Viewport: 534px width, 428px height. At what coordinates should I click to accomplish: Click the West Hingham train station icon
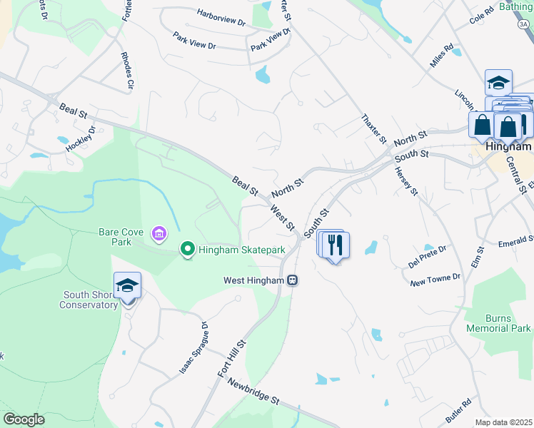point(293,280)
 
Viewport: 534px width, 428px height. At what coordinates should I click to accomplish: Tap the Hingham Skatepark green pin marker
point(188,249)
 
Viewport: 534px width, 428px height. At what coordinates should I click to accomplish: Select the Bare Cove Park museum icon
point(158,233)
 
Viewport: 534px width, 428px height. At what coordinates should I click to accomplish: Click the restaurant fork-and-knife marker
point(335,245)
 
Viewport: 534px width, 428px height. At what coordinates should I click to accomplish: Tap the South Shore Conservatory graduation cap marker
point(127,285)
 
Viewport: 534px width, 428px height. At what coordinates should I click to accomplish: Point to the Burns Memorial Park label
point(498,323)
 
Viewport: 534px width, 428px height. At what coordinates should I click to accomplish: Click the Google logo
point(24,419)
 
